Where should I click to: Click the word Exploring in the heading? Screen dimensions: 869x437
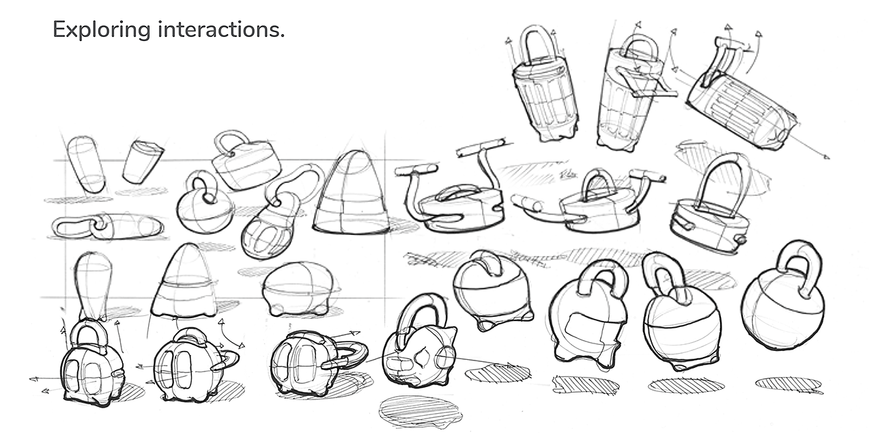[101, 30]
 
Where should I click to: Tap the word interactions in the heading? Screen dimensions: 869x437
[221, 30]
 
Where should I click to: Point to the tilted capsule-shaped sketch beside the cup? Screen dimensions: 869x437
[86, 164]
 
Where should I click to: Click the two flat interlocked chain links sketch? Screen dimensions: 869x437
[107, 227]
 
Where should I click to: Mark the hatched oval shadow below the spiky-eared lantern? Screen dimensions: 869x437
[420, 410]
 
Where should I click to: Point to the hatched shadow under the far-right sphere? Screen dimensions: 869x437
[788, 384]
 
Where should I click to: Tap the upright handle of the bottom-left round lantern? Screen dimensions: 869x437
[89, 337]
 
